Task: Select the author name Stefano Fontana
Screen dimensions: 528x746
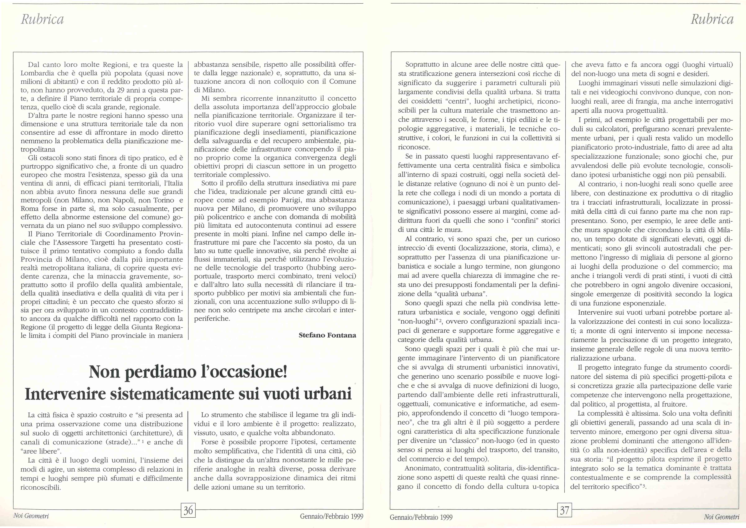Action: pyautogui.click(x=327, y=335)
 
